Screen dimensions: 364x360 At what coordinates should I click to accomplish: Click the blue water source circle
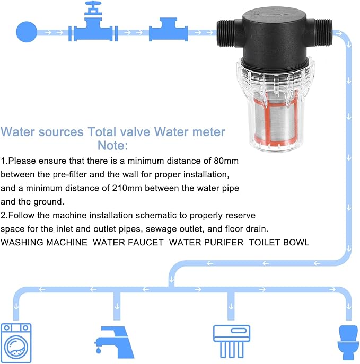[x=26, y=32]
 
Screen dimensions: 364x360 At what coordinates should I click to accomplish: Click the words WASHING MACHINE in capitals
[x=44, y=242]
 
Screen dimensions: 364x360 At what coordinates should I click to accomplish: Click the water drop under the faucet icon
[x=99, y=350]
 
